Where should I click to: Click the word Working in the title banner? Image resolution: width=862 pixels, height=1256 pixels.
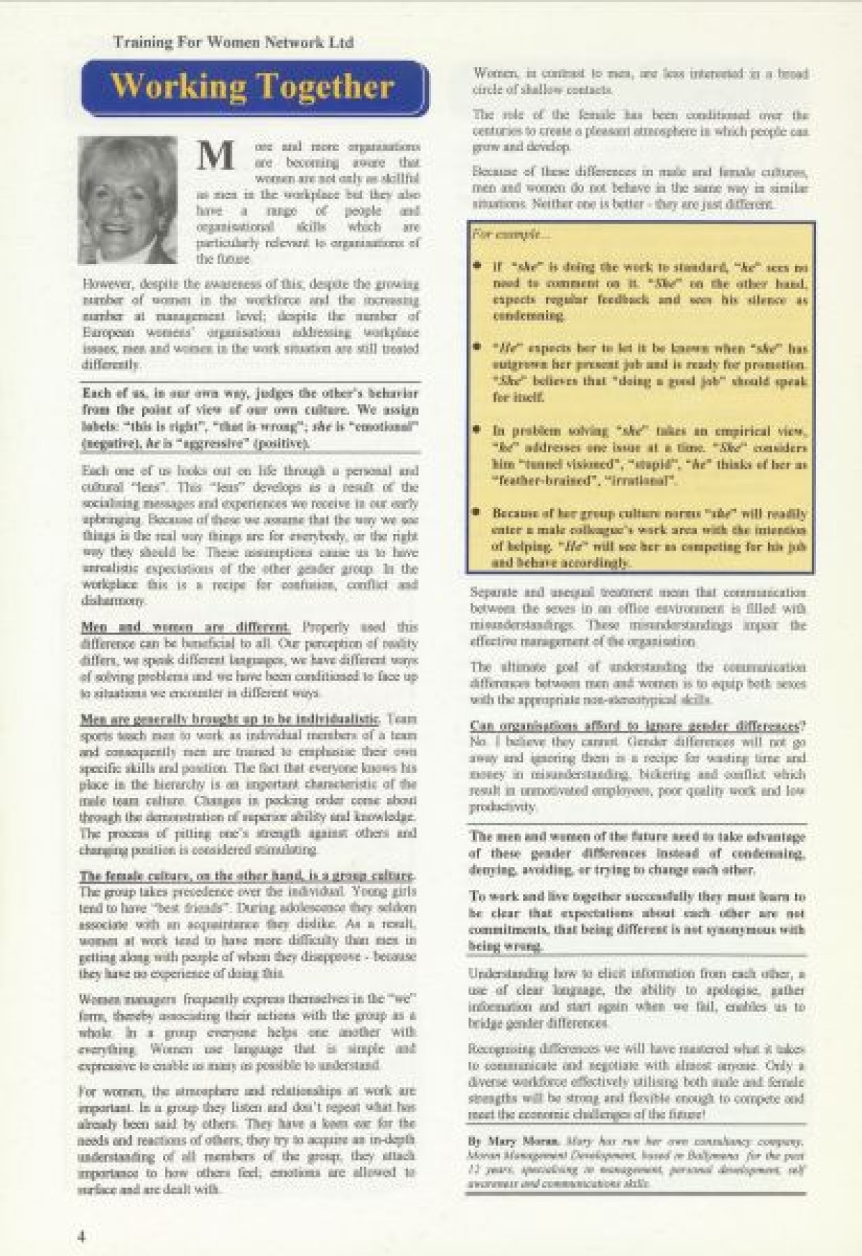click(177, 87)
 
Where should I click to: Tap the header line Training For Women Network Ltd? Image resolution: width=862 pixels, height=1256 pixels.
click(233, 42)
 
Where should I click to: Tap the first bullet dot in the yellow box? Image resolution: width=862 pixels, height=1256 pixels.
click(477, 265)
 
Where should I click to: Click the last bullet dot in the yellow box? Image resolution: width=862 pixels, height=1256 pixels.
click(477, 512)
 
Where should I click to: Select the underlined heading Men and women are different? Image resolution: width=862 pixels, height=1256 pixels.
click(185, 627)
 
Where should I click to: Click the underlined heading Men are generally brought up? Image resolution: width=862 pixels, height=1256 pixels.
click(230, 719)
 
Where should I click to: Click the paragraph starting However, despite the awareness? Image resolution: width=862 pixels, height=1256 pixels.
click(250, 324)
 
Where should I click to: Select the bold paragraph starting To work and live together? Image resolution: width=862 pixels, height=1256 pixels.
click(638, 922)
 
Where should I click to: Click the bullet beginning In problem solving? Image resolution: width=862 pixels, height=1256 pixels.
click(649, 456)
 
